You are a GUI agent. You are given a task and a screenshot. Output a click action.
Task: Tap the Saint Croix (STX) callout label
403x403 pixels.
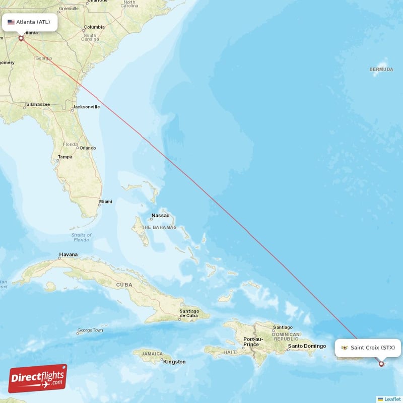click(x=368, y=348)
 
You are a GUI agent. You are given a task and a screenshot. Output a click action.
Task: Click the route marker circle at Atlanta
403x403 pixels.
click(x=21, y=38)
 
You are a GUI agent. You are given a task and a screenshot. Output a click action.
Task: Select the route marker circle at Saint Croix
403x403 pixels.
click(x=381, y=363)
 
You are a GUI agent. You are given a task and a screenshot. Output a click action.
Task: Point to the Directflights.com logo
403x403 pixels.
click(x=38, y=378)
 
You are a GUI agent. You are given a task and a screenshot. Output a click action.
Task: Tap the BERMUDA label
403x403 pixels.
click(x=381, y=69)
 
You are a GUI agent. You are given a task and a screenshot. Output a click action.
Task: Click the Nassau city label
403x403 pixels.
click(x=160, y=216)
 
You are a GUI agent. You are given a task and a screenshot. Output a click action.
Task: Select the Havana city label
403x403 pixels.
click(x=69, y=255)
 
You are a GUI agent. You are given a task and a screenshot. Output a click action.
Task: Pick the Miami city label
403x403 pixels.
click(x=106, y=201)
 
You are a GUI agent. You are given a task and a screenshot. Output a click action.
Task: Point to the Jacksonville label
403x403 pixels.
click(x=86, y=107)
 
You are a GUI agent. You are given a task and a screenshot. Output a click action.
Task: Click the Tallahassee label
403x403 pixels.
click(x=37, y=105)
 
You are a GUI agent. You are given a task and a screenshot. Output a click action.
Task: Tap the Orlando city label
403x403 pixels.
click(x=87, y=148)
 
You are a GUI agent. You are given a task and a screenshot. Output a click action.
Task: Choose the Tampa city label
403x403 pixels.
click(x=65, y=157)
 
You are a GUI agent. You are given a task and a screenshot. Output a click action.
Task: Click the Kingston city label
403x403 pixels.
click(x=174, y=362)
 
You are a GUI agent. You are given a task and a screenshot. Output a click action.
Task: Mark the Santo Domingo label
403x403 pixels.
click(x=307, y=346)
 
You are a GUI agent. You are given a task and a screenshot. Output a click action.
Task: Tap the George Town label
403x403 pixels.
click(x=90, y=330)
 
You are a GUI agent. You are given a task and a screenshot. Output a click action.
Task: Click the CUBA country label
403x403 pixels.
click(x=124, y=285)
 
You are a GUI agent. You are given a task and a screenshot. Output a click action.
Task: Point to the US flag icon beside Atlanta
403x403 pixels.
click(x=11, y=22)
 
